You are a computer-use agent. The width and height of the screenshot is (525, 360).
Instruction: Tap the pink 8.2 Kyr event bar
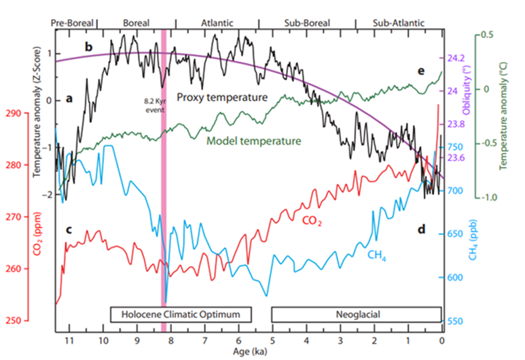pyautogui.click(x=164, y=204)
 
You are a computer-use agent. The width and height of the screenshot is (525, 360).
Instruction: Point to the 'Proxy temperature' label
pyautogui.click(x=222, y=97)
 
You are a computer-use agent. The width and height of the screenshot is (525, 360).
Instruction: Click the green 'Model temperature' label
pyautogui.click(x=253, y=141)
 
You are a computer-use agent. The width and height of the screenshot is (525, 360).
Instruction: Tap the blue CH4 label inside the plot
pyautogui.click(x=378, y=255)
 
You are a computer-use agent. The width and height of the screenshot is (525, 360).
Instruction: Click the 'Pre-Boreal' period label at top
pyautogui.click(x=73, y=22)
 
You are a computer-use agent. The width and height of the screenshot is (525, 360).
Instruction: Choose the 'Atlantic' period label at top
pyautogui.click(x=217, y=22)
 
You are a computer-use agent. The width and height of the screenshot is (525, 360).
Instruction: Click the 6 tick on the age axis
pyautogui.click(x=238, y=340)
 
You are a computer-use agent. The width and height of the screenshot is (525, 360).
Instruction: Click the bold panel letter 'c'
pyautogui.click(x=69, y=229)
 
